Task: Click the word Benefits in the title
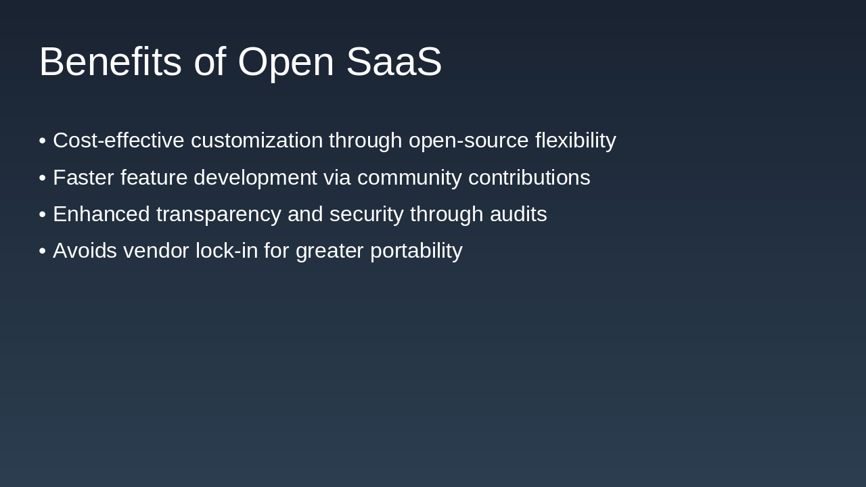coord(110,62)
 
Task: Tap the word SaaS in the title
coord(394,62)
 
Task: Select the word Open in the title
coord(286,62)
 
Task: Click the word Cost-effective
coord(118,141)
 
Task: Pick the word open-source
coord(469,141)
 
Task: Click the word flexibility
coord(575,141)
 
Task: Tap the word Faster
coord(83,178)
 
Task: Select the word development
coord(255,178)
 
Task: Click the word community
coord(409,178)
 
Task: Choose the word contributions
coord(529,178)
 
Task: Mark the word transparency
coord(219,214)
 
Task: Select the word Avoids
coord(85,251)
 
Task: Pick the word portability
coord(416,251)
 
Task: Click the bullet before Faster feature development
coord(43,178)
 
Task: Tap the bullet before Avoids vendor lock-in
coord(43,251)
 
